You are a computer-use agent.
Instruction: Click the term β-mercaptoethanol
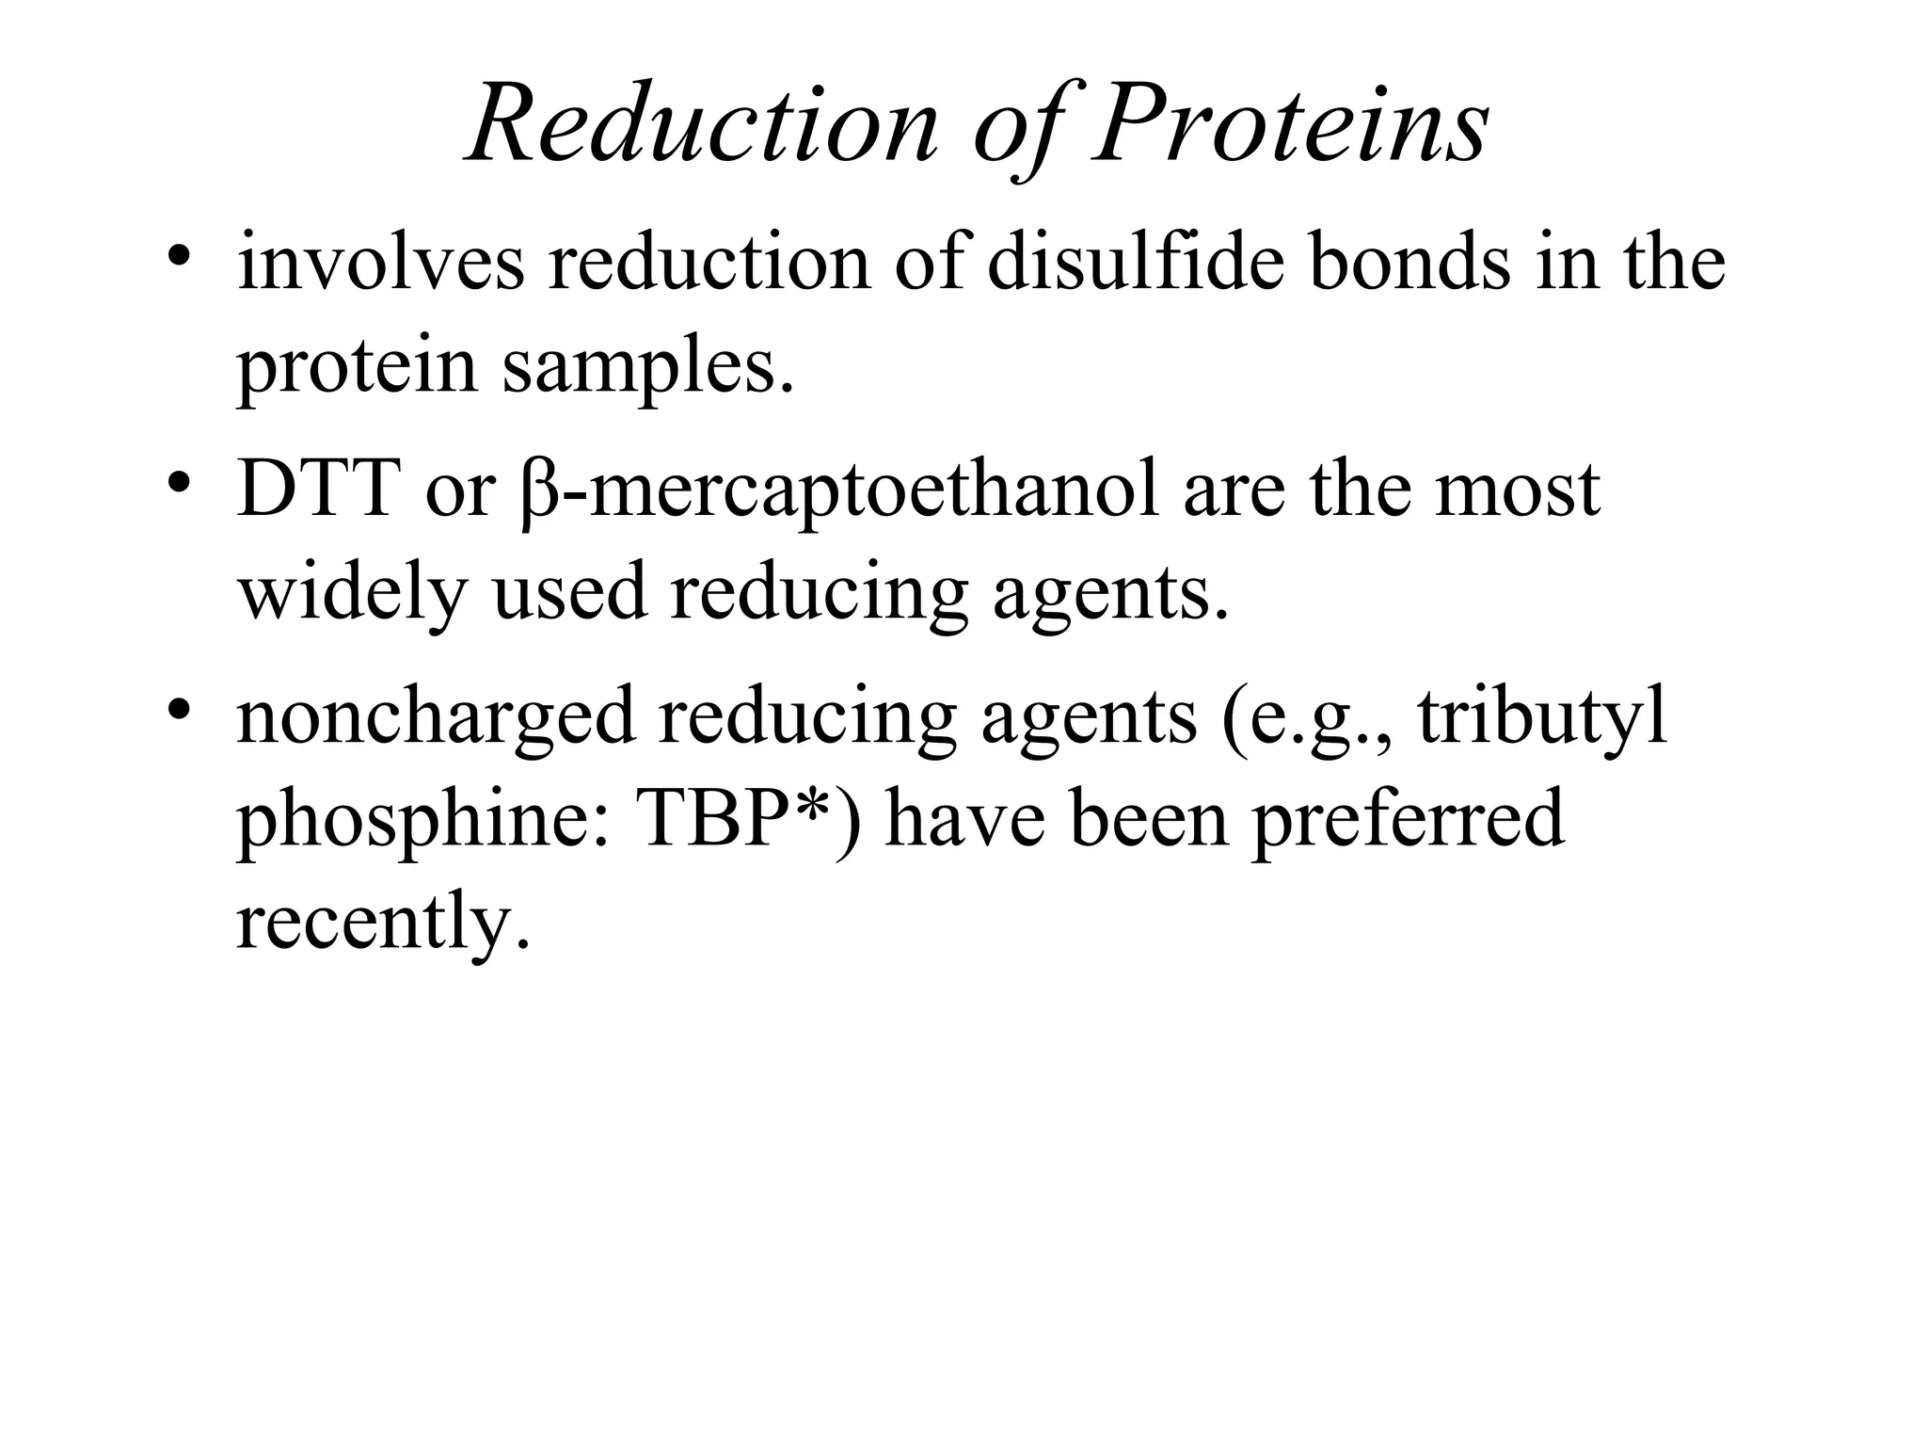pyautogui.click(x=837, y=491)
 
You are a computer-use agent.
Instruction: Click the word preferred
pyautogui.click(x=1408, y=819)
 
